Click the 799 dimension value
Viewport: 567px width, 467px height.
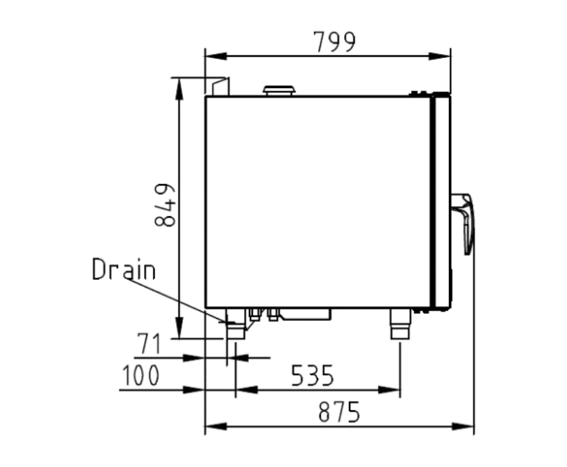point(334,42)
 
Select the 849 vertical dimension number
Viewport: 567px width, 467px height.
point(165,205)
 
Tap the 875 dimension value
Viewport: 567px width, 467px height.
point(339,412)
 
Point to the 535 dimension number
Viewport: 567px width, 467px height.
point(312,375)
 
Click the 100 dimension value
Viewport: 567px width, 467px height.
point(141,375)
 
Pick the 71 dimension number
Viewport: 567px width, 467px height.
point(149,344)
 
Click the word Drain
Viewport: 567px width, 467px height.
point(124,269)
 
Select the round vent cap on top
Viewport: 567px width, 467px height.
point(279,91)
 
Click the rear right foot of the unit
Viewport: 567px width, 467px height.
point(400,324)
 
